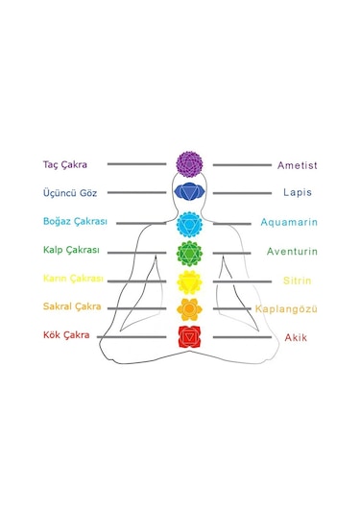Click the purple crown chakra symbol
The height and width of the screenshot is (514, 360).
point(189,163)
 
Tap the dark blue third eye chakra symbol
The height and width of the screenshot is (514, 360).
point(189,192)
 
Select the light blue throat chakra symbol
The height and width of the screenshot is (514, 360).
point(189,223)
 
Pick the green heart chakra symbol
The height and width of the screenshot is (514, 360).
point(189,252)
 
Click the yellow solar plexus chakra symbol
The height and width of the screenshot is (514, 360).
point(189,281)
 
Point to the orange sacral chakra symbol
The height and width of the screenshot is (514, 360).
point(189,308)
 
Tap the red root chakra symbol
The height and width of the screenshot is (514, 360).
point(189,336)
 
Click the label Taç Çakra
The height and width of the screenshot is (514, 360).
point(65,164)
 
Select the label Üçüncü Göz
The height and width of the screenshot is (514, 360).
point(69,193)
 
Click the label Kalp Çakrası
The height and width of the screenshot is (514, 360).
point(71,251)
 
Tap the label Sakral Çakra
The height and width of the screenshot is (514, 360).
point(72,307)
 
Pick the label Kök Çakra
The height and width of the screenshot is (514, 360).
point(66,335)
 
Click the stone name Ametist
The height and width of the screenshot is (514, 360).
point(297,165)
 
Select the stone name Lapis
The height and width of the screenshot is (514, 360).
point(297,193)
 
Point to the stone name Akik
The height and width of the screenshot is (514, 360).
point(296,338)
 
